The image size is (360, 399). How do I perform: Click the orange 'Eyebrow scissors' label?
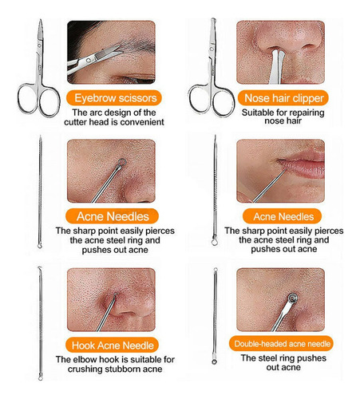(114, 98)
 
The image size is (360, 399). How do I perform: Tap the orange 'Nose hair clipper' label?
(283, 98)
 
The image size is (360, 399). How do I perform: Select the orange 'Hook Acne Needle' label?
(112, 346)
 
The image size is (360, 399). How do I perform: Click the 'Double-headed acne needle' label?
(282, 344)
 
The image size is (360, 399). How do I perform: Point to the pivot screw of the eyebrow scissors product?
(39, 46)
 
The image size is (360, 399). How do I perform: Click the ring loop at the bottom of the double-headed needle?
(214, 361)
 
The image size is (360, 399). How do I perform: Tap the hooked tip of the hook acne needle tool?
(40, 268)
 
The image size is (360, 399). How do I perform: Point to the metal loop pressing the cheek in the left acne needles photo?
(122, 162)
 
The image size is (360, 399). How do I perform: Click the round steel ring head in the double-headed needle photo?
(292, 298)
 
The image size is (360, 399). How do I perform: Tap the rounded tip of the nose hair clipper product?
(213, 20)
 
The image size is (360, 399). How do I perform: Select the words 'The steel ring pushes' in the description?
(283, 358)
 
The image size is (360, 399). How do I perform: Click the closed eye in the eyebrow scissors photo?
(133, 79)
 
